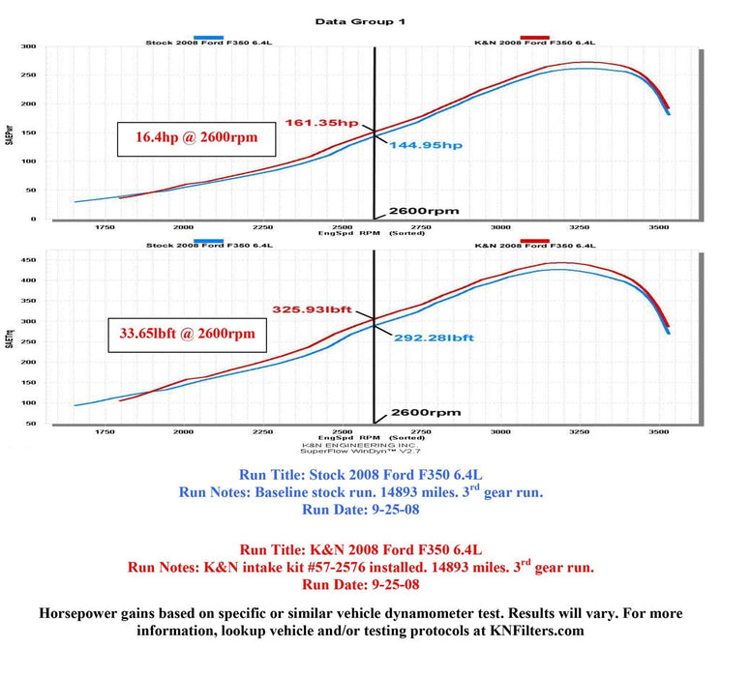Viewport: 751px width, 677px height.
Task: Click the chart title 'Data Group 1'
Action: click(359, 20)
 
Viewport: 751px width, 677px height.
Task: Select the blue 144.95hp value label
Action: click(426, 145)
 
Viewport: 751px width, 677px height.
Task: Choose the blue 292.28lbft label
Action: click(434, 338)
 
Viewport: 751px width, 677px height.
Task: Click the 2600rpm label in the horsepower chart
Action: click(423, 211)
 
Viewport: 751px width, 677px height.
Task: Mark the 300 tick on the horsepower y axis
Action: click(29, 46)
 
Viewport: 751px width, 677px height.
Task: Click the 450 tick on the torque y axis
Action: click(29, 259)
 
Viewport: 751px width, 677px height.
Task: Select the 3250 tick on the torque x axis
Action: click(579, 432)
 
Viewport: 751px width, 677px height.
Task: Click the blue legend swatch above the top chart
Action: click(208, 36)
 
